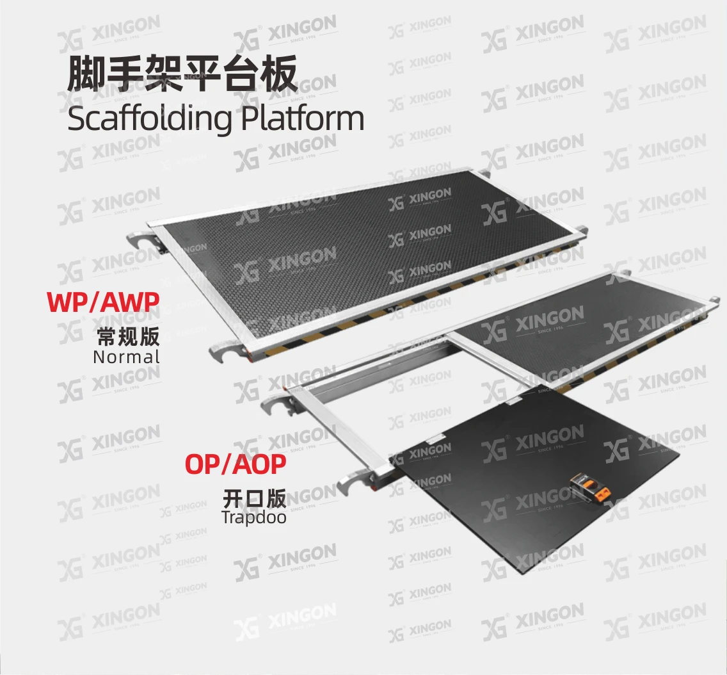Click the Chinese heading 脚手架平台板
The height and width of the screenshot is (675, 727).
coord(182,76)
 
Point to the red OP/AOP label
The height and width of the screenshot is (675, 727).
coord(235,464)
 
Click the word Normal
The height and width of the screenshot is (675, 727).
coord(126,357)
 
